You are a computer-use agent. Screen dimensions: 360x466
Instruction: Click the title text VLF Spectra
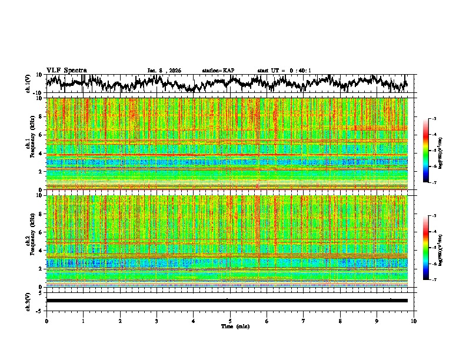tap(66, 70)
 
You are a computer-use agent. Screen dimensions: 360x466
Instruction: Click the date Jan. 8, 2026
tap(164, 71)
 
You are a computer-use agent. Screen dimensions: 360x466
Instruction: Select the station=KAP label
tap(218, 71)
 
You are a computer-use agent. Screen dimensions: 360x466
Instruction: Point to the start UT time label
tap(284, 71)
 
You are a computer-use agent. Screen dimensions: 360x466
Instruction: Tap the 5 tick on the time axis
tap(230, 321)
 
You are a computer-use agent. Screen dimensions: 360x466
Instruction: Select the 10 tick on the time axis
tap(414, 321)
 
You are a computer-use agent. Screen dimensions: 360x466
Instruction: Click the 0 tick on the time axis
tap(46, 321)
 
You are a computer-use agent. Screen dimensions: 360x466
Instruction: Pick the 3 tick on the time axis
tap(157, 321)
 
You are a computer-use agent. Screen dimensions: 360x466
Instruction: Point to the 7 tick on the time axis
tap(304, 321)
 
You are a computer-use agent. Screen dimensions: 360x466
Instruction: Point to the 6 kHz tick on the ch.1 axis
tap(42, 135)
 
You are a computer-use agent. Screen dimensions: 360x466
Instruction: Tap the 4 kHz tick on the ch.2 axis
tap(42, 250)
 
